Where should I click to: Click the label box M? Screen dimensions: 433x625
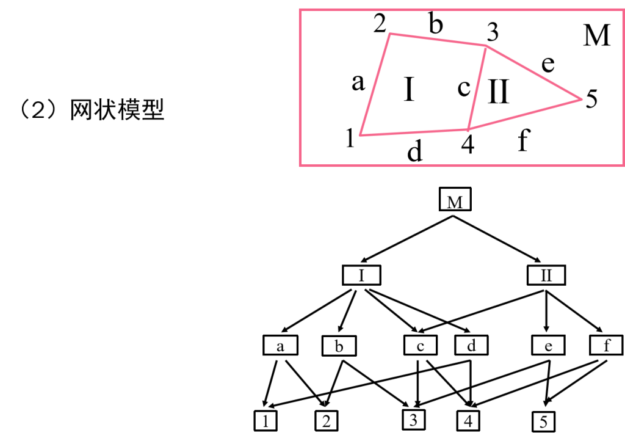click(x=455, y=202)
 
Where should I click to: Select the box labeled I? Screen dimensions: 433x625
click(x=361, y=275)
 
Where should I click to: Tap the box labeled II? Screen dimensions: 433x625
click(x=546, y=275)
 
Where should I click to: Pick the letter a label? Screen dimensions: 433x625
click(x=280, y=346)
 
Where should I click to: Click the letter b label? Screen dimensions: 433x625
click(x=339, y=346)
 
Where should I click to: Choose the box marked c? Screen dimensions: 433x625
click(x=421, y=346)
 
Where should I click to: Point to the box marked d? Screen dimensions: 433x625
click(x=471, y=346)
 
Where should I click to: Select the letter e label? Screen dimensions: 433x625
click(x=547, y=346)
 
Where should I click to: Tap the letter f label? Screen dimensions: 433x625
click(x=606, y=346)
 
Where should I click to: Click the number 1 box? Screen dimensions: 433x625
click(x=265, y=421)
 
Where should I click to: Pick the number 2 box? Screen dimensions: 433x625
click(x=326, y=421)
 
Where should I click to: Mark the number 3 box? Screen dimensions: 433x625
click(x=413, y=420)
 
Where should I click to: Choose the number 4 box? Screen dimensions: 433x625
click(x=468, y=421)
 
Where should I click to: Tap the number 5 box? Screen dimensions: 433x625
click(x=543, y=421)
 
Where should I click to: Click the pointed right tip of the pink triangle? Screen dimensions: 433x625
click(x=582, y=99)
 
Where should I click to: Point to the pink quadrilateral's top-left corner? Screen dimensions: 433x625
click(x=390, y=34)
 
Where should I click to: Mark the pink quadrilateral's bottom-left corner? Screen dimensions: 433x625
click(x=360, y=136)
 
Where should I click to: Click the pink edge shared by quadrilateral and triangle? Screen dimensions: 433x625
click(x=477, y=87)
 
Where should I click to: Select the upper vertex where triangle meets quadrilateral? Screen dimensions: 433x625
click(x=486, y=45)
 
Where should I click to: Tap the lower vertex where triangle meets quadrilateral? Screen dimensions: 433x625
click(x=468, y=129)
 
